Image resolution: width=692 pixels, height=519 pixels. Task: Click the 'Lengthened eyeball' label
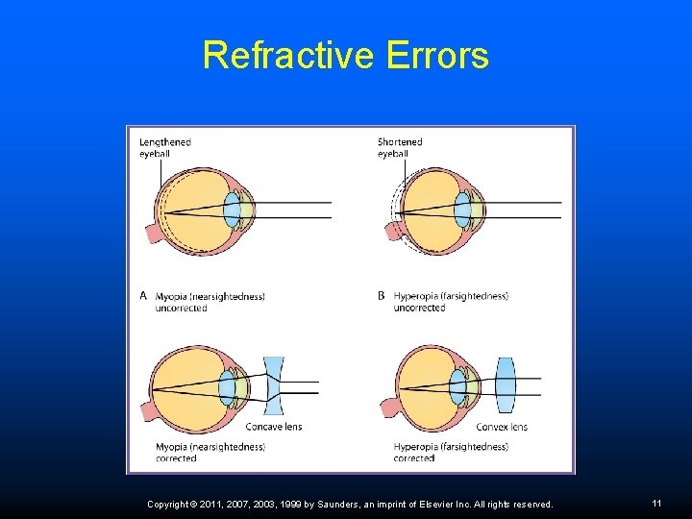click(x=165, y=147)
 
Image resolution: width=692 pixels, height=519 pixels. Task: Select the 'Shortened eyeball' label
click(x=400, y=147)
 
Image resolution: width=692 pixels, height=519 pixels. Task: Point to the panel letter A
click(x=144, y=296)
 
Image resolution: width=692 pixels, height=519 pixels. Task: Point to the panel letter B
click(x=382, y=296)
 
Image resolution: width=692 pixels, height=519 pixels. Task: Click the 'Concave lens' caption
click(x=274, y=427)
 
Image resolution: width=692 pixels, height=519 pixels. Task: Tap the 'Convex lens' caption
click(x=502, y=427)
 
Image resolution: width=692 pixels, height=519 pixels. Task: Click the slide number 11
click(x=656, y=504)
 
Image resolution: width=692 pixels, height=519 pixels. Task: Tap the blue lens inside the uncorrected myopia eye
click(x=232, y=210)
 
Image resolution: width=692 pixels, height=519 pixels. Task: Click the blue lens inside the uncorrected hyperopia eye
click(x=462, y=210)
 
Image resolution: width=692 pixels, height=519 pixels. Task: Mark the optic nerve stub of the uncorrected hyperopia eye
click(x=391, y=233)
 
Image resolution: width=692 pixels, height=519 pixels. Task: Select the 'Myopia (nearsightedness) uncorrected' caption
click(x=210, y=302)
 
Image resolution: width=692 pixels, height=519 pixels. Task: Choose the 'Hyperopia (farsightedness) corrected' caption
click(x=451, y=452)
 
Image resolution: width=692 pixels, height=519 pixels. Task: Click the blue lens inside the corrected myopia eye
click(x=227, y=387)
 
